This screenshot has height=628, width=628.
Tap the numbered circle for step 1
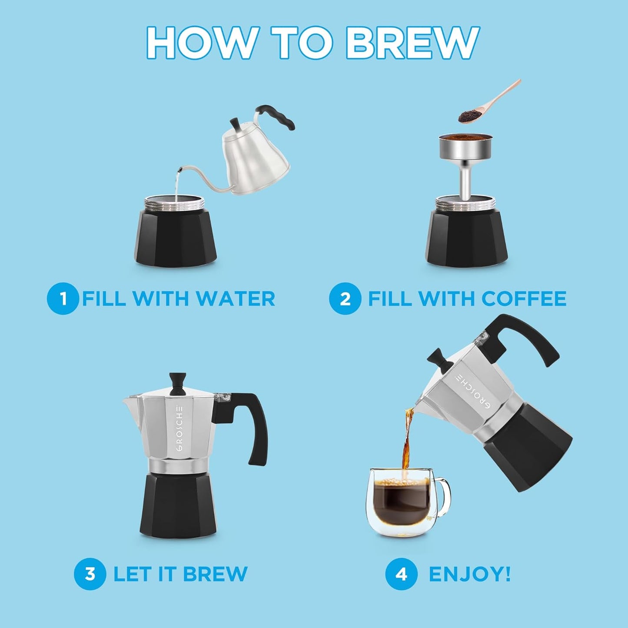click(63, 299)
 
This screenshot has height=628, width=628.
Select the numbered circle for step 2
click(345, 299)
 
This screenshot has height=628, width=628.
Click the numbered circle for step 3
click(90, 574)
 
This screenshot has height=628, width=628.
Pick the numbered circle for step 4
click(401, 574)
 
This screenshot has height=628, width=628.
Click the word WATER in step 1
click(235, 299)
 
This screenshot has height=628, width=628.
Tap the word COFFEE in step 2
click(524, 299)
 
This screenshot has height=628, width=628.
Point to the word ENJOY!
click(469, 574)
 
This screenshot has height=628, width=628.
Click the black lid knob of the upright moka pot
click(177, 383)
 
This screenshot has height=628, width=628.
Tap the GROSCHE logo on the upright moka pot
click(180, 429)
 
